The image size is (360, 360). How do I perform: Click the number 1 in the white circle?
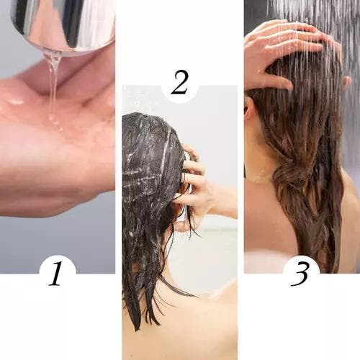[56, 274]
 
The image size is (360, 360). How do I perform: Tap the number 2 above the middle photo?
[179, 82]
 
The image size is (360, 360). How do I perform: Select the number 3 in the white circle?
[300, 274]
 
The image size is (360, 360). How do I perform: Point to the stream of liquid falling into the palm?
[53, 86]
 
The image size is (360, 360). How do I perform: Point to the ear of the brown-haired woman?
[248, 108]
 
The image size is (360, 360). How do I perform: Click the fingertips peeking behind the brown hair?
[347, 81]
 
